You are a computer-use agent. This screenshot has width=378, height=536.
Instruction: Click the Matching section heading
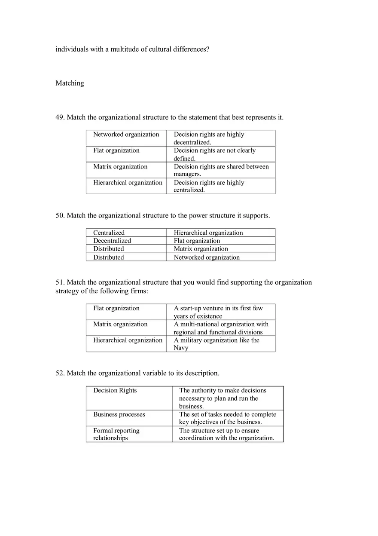(x=70, y=83)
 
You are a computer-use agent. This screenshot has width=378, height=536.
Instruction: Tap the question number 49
(x=60, y=117)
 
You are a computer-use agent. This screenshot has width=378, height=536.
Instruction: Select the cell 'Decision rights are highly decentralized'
(x=220, y=138)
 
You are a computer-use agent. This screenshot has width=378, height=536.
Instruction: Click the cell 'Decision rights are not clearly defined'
(x=220, y=154)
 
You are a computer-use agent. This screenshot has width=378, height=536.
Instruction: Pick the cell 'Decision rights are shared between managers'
(x=220, y=170)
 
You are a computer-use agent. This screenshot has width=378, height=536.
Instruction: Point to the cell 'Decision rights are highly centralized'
(x=220, y=186)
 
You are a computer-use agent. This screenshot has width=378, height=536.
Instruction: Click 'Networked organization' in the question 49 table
(x=126, y=135)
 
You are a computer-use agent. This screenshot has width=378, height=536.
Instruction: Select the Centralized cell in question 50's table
(x=109, y=233)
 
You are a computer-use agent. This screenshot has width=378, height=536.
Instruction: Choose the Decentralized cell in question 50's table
(x=112, y=241)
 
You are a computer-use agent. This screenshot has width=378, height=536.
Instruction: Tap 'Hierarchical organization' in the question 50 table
(x=208, y=233)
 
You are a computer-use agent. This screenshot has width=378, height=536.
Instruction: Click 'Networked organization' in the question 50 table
(x=207, y=257)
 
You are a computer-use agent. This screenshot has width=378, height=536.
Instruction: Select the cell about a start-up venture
(x=220, y=312)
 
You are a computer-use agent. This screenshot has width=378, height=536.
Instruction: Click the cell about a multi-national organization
(x=220, y=328)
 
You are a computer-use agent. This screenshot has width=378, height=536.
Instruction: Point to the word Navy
(x=181, y=348)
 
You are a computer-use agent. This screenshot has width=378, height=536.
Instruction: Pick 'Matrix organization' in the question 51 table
(x=120, y=325)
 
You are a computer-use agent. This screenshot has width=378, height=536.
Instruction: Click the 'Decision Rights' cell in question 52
(x=115, y=391)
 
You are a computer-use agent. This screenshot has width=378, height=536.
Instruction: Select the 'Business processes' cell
(x=119, y=415)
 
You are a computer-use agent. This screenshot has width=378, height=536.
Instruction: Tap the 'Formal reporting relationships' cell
(x=116, y=434)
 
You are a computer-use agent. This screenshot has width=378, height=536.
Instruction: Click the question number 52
(x=60, y=373)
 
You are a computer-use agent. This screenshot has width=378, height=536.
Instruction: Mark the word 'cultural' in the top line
(x=160, y=49)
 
